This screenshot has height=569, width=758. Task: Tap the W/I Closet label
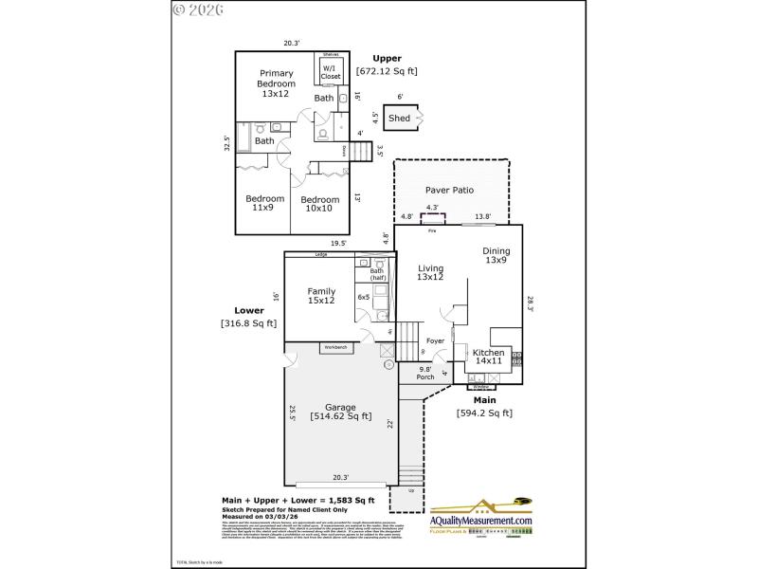330,72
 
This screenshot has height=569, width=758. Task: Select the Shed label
400,119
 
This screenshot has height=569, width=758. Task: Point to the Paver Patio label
449,191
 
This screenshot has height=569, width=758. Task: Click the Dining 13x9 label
496,255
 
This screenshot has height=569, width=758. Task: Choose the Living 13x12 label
430,272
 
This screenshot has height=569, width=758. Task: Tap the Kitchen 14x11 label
489,357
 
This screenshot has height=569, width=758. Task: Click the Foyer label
435,340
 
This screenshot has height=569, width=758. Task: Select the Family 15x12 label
321,296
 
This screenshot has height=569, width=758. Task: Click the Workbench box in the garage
335,347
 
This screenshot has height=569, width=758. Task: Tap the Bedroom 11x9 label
265,203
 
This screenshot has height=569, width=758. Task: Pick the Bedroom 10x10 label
320,204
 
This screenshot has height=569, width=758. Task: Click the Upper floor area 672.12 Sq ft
387,71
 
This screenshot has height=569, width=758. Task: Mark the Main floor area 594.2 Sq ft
484,413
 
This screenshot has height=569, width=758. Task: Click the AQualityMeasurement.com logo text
481,521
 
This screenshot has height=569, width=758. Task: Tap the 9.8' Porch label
425,373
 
